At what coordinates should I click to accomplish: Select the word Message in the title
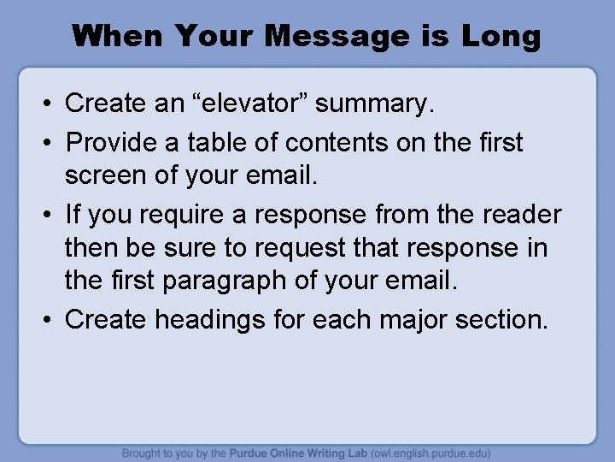point(337,36)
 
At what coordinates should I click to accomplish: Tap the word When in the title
point(119,36)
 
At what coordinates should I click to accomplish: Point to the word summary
point(375,104)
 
